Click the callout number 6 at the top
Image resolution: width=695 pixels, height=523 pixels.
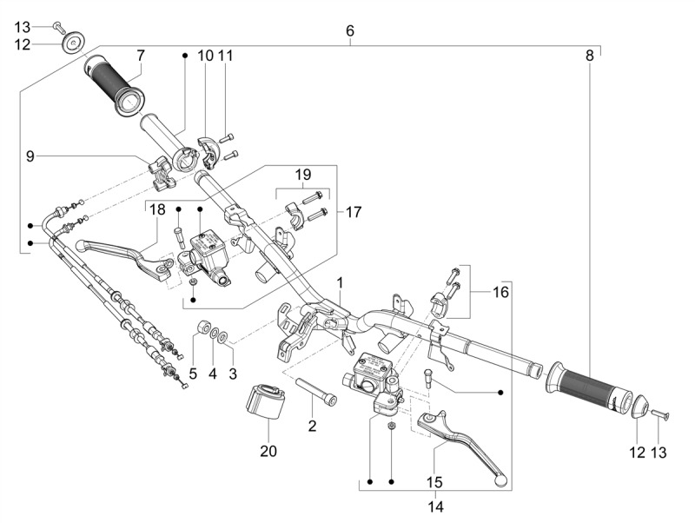(350, 31)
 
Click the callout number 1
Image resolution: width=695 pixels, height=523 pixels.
(340, 283)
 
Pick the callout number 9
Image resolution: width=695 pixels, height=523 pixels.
(30, 156)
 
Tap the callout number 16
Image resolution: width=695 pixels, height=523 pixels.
(501, 293)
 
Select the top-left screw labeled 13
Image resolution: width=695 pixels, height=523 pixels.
(57, 25)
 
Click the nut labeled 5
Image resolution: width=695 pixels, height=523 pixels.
(202, 328)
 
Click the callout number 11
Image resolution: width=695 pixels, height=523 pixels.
(226, 56)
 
